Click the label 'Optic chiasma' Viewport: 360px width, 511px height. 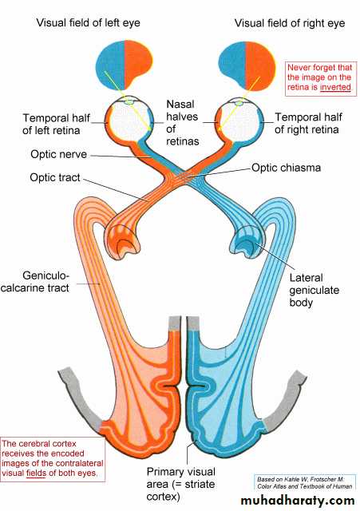pos(286,168)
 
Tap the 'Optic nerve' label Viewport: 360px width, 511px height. pos(58,154)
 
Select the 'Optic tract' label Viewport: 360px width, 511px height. pos(55,177)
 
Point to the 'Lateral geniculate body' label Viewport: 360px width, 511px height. pos(314,290)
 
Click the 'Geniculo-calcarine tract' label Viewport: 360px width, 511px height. pos(35,282)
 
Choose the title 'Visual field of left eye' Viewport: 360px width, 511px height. pos(88,23)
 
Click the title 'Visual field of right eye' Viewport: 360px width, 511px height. pos(290,23)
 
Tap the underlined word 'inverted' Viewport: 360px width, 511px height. pos(335,87)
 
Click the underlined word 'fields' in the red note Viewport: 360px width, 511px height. pos(36,473)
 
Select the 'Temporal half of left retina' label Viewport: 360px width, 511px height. pos(56,125)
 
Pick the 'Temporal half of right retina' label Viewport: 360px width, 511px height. pos(308,123)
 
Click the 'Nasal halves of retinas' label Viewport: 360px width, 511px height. pos(183,122)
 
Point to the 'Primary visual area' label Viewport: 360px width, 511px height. pos(181,484)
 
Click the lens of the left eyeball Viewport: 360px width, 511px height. pos(129,102)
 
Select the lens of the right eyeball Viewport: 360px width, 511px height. pos(239,103)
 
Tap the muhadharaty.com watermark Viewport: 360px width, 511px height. pos(298,500)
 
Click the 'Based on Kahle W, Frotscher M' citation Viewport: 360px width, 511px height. pos(305,482)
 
